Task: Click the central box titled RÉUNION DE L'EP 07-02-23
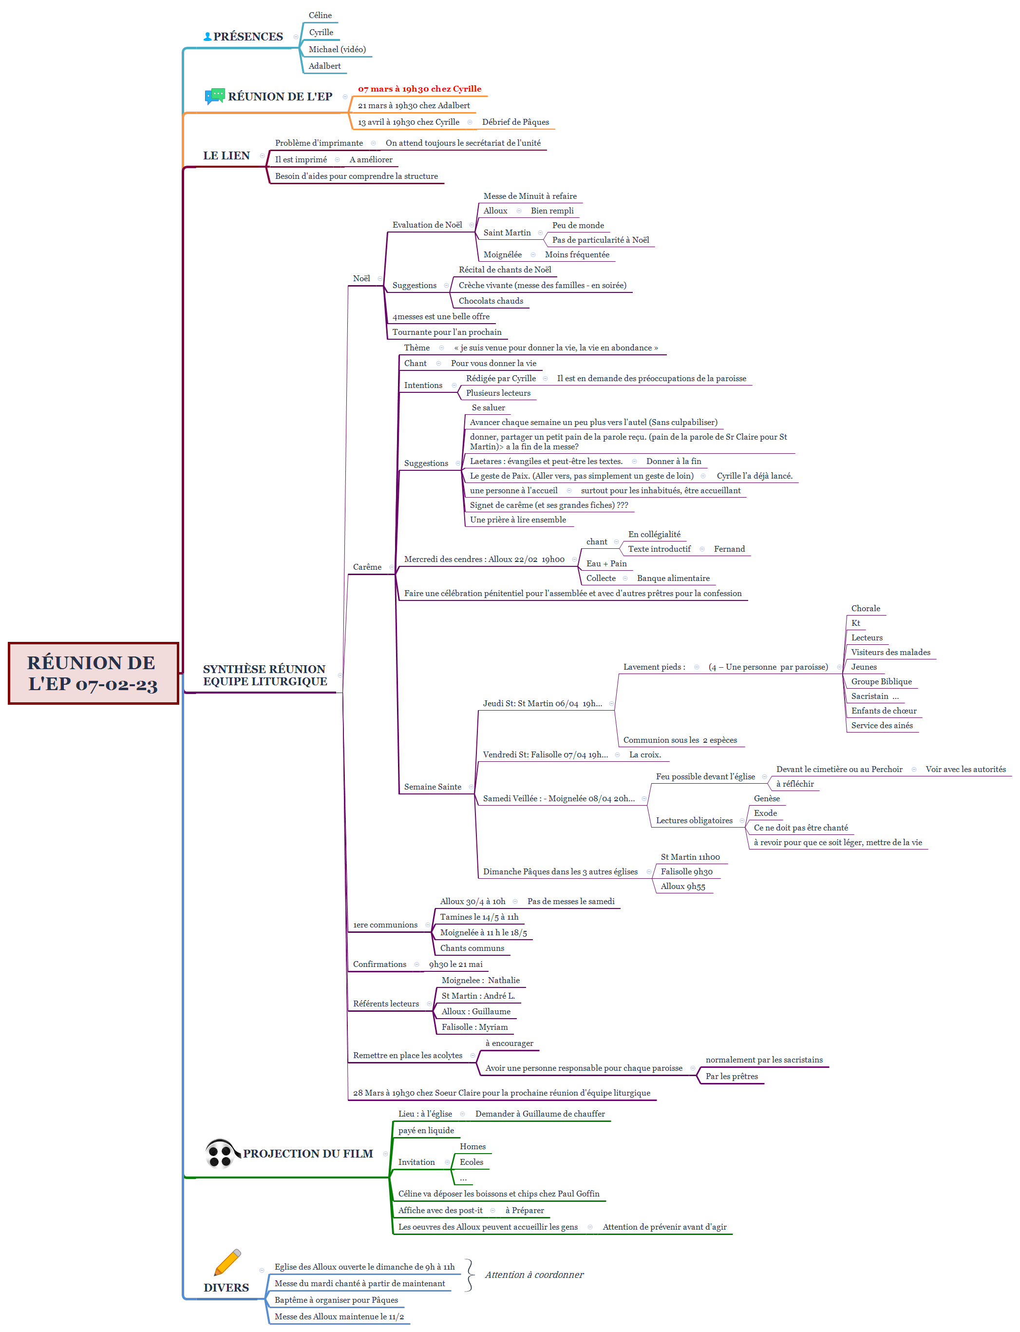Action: tap(93, 673)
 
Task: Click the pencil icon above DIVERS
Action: tap(227, 1262)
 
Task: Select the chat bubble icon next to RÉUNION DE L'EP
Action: tap(215, 96)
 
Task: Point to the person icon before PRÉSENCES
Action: tap(208, 37)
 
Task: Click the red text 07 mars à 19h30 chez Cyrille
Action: tap(419, 89)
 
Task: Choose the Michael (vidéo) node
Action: tap(337, 49)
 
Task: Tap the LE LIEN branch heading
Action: tap(227, 155)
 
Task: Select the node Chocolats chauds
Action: tap(491, 301)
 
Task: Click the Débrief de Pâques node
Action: tap(515, 122)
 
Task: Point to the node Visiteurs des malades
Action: tap(890, 652)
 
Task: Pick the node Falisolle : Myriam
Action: tap(474, 1027)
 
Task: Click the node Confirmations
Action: tap(379, 965)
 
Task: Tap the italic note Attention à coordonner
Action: tap(534, 1275)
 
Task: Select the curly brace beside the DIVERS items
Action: tap(469, 1275)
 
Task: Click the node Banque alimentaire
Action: tap(673, 578)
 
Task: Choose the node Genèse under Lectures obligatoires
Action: tap(767, 799)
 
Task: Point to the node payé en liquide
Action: tap(426, 1130)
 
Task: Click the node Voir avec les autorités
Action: tap(965, 770)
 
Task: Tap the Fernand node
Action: tap(729, 549)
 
